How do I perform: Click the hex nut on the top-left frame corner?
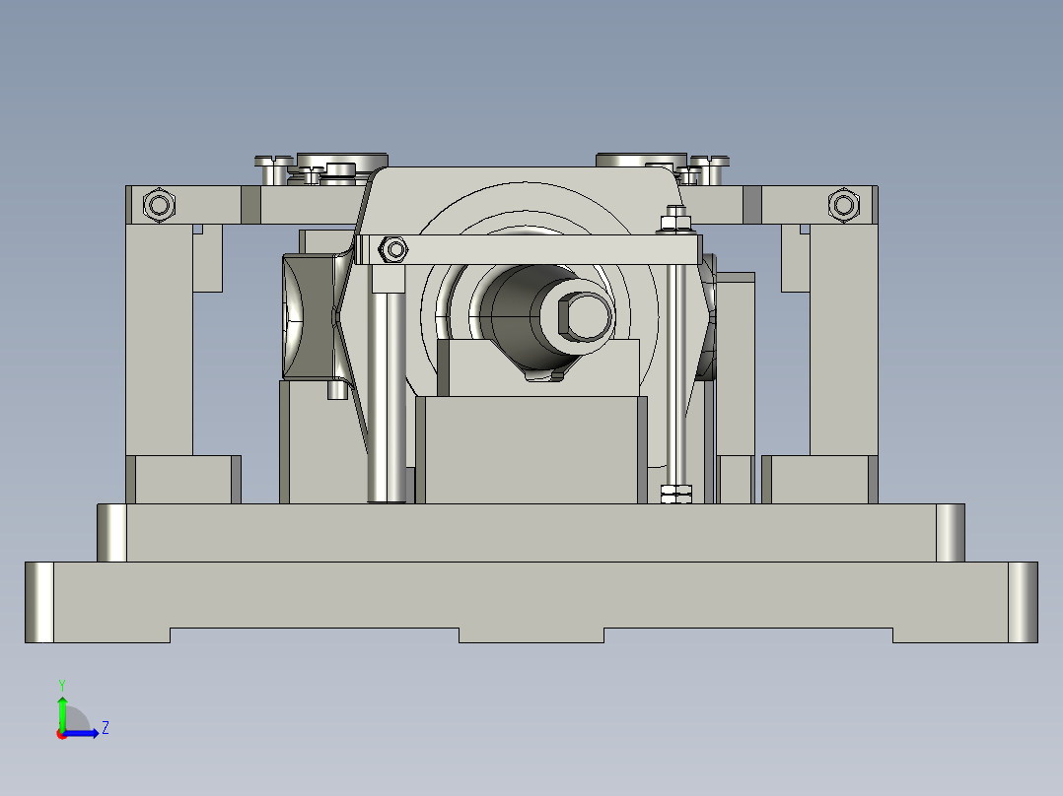[x=158, y=205]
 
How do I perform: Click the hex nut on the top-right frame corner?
[x=843, y=205]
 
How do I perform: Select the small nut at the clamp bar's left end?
[x=395, y=249]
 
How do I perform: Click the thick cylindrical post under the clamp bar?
[x=388, y=394]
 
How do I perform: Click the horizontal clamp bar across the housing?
[x=532, y=249]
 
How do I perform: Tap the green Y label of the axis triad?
[x=61, y=684]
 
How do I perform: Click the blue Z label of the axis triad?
[x=105, y=728]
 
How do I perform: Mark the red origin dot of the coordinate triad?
[x=61, y=733]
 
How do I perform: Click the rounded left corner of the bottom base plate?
[x=39, y=602]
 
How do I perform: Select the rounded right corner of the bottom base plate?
[x=1023, y=602]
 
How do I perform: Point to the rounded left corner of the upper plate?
[x=112, y=533]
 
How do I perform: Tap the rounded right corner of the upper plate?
[x=950, y=533]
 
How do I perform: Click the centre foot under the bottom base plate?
[x=531, y=635]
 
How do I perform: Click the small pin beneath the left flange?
[x=336, y=390]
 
